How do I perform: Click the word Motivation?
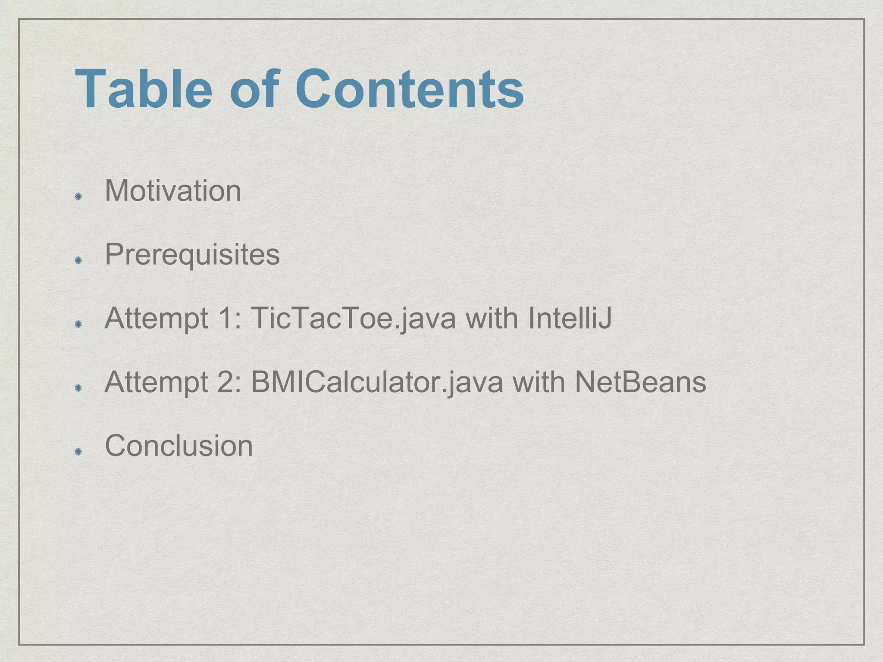coord(173,190)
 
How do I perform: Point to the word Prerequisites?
coord(192,254)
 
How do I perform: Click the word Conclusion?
coord(179,446)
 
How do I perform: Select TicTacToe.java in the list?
coord(353,319)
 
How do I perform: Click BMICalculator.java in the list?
coord(377,383)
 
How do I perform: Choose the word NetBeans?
coord(640,383)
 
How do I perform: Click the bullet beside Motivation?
coord(78,197)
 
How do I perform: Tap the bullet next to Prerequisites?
coord(78,260)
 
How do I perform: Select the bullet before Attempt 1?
coord(78,324)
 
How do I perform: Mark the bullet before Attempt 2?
coord(78,388)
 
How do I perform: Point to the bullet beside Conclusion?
coord(78,452)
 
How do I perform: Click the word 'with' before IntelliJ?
coord(492,319)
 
